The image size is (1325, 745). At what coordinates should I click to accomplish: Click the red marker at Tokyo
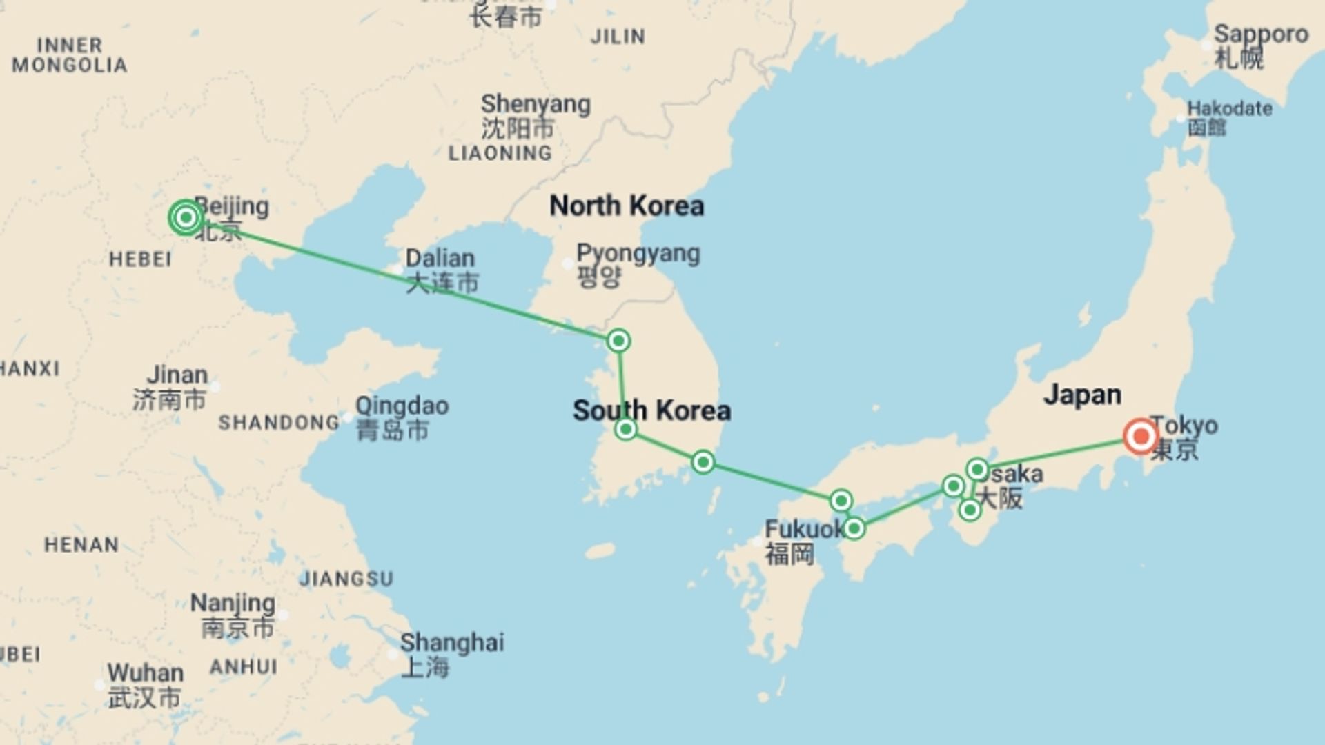(1140, 436)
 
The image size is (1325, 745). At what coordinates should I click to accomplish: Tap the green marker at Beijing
(186, 218)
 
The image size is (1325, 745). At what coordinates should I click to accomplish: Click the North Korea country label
(627, 206)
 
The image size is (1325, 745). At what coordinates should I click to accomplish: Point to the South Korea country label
(651, 410)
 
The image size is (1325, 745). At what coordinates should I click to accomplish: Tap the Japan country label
(1082, 395)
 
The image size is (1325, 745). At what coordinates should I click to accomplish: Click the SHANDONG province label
(279, 422)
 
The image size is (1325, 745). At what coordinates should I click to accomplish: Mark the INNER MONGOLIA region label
(69, 55)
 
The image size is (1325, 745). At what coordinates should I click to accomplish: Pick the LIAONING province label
(500, 153)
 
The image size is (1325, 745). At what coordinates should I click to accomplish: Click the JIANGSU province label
(346, 578)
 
